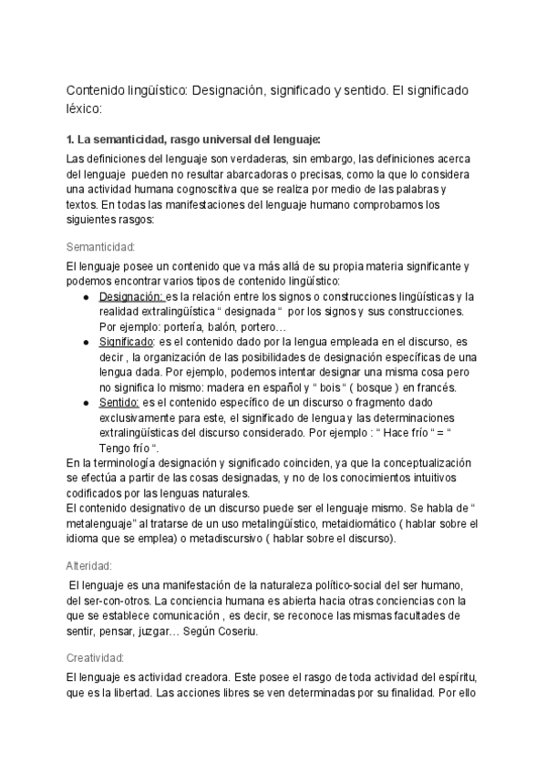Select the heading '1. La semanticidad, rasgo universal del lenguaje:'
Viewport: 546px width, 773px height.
coord(194,139)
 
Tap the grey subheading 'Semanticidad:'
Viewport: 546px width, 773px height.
coord(101,247)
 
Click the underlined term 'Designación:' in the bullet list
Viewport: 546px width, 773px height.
coord(131,297)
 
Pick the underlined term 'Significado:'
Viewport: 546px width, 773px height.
coord(128,342)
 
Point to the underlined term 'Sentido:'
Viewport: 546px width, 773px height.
coord(119,402)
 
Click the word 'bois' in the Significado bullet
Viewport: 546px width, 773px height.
coord(314,387)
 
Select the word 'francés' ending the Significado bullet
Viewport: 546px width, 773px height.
coord(433,387)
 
